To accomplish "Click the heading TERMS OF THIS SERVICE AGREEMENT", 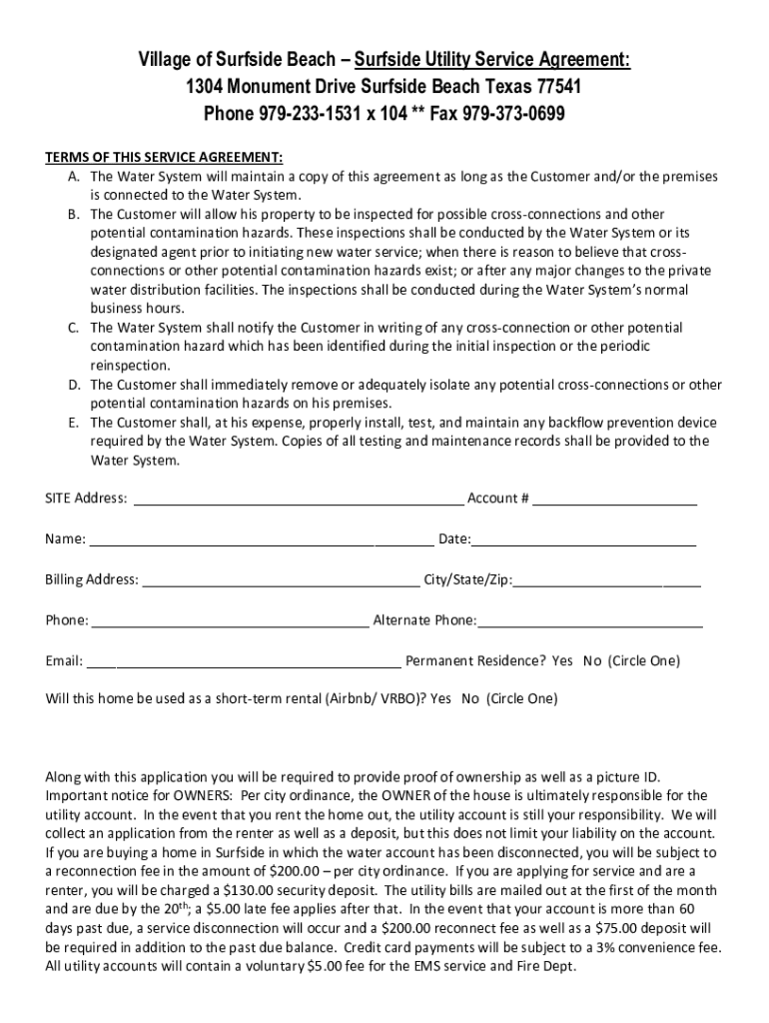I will [x=165, y=158].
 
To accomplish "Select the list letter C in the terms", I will [x=74, y=328].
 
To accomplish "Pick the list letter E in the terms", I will [x=74, y=423].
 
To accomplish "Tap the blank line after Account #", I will [x=614, y=499].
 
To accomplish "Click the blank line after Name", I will [x=260, y=539].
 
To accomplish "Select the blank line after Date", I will [x=583, y=539].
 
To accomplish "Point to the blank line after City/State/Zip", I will [x=607, y=580].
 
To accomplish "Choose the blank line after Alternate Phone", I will [x=590, y=621].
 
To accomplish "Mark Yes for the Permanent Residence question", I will [x=562, y=661].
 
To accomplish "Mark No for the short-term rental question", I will [x=470, y=698].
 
